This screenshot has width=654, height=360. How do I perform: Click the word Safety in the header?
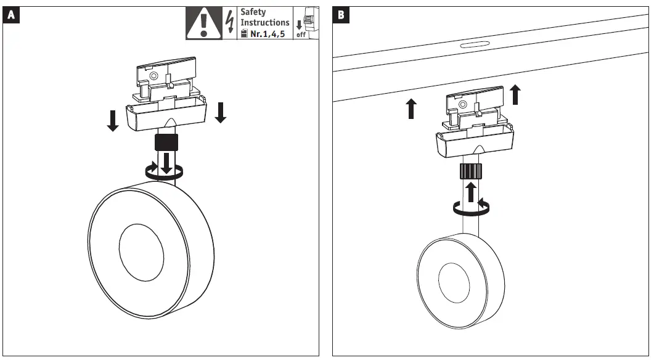(253, 12)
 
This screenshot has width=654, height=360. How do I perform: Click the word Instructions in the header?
(264, 23)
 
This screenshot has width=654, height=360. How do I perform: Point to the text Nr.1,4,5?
(267, 34)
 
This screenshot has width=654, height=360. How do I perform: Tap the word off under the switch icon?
(301, 35)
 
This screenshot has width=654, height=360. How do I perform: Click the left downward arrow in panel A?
(112, 120)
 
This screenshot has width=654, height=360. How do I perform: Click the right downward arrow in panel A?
(221, 112)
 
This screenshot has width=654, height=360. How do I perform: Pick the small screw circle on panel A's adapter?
(153, 75)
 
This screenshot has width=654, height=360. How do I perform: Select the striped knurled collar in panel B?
(471, 171)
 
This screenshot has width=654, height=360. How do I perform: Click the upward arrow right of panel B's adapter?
(515, 95)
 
